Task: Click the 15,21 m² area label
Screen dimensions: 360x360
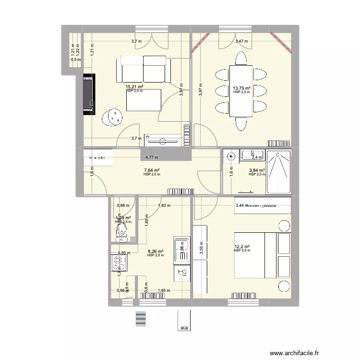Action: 135,87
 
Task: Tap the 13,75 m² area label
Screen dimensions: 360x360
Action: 242,89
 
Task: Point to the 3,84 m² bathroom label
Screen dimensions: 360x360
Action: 257,170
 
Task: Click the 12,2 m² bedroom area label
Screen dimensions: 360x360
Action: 242,247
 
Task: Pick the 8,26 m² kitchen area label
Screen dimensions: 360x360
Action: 156,251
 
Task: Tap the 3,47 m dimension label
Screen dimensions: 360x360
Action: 241,41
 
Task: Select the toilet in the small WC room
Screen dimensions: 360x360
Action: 121,234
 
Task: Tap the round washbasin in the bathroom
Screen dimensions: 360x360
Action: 231,156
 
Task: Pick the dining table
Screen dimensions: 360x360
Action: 240,91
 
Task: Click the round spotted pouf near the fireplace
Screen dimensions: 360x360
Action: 115,116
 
